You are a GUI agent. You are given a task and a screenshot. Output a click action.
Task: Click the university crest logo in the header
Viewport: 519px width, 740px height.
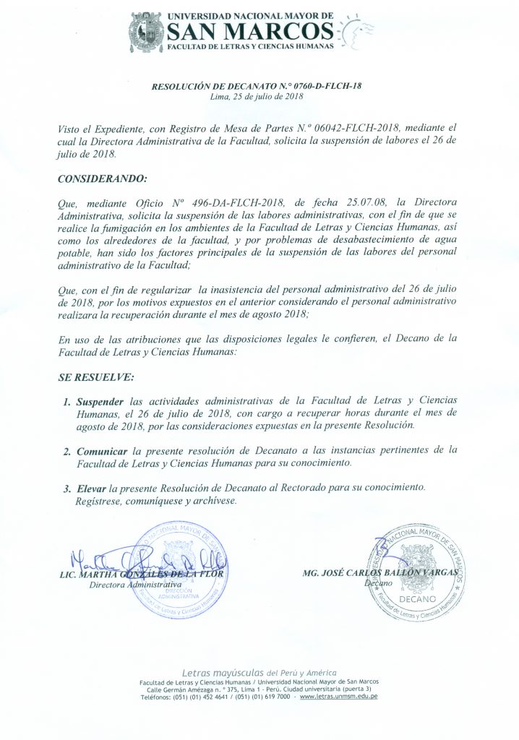[146, 32]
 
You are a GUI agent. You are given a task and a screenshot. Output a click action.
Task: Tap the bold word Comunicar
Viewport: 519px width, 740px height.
[104, 450]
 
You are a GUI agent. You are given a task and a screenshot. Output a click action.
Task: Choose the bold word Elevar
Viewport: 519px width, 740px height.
[91, 489]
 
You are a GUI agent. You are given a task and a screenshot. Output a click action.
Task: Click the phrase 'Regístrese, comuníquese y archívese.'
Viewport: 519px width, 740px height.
[155, 501]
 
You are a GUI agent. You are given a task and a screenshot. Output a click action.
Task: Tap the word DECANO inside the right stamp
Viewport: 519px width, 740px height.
[416, 600]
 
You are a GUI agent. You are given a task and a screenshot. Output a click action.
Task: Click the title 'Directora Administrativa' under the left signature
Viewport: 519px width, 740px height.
[134, 585]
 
